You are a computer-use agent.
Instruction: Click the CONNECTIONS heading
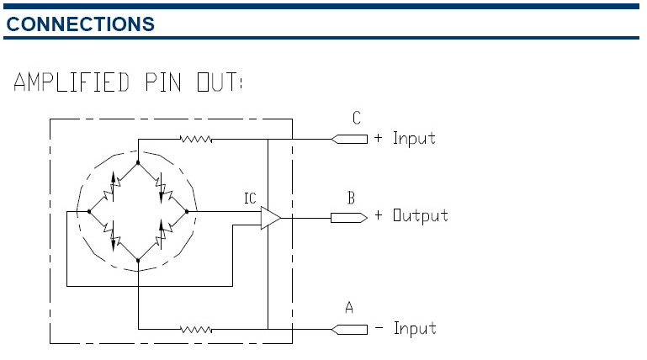click(x=81, y=24)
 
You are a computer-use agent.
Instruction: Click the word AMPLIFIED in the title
click(x=72, y=82)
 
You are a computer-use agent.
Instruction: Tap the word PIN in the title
click(x=163, y=82)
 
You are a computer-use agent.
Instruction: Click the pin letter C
click(x=357, y=119)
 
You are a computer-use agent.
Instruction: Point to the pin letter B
click(x=351, y=198)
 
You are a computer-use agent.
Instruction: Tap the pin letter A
click(x=349, y=308)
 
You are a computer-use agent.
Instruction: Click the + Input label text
click(x=405, y=138)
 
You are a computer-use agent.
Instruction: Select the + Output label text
click(x=411, y=215)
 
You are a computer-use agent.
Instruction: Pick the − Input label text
click(x=406, y=328)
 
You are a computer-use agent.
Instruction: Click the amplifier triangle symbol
click(x=271, y=218)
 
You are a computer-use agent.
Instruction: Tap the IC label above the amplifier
click(x=250, y=199)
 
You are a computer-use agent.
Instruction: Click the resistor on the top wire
click(x=196, y=140)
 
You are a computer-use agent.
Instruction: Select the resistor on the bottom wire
click(x=196, y=330)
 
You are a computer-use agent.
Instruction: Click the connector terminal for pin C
click(x=349, y=140)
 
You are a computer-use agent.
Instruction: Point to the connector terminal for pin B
click(x=349, y=218)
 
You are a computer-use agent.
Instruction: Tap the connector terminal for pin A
click(x=349, y=330)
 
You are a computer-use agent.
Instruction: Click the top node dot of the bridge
click(x=138, y=163)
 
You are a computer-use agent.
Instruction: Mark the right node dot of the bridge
click(x=187, y=212)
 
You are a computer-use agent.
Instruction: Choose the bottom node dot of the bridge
click(x=138, y=260)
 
